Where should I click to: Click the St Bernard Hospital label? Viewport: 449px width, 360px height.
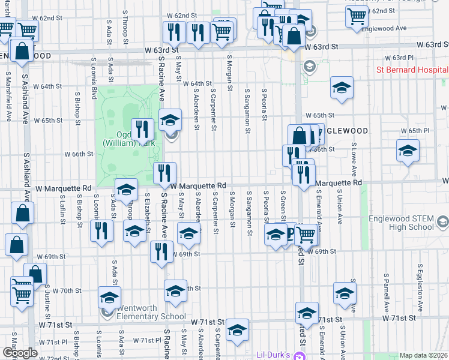click(412, 70)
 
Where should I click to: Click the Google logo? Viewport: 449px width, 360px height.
click(19, 352)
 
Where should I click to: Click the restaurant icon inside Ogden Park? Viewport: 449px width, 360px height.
click(143, 128)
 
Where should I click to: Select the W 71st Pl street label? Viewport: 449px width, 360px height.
click(144, 340)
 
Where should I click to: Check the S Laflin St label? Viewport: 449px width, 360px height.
click(62, 210)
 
